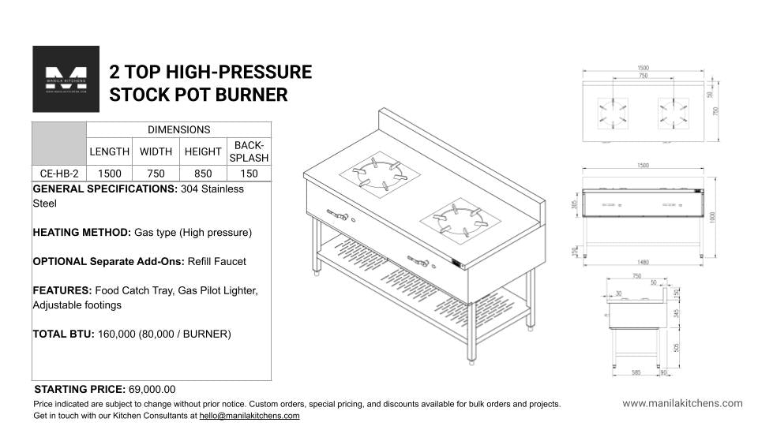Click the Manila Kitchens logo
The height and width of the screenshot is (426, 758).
[66, 79]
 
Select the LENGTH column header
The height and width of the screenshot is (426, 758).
[109, 151]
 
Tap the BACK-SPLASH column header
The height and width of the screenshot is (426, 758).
[249, 151]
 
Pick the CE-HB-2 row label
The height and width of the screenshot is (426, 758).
[59, 174]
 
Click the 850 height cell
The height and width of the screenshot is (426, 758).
[203, 174]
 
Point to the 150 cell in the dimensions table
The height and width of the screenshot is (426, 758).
[249, 174]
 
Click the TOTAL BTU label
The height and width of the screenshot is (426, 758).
[63, 334]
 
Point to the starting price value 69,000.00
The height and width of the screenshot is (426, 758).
[152, 390]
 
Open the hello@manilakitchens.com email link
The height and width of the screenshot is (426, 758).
[249, 415]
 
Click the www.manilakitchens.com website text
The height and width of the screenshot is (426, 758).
[682, 403]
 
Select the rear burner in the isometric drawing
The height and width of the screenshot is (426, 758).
[380, 173]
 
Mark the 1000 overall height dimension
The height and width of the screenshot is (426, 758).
[712, 216]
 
